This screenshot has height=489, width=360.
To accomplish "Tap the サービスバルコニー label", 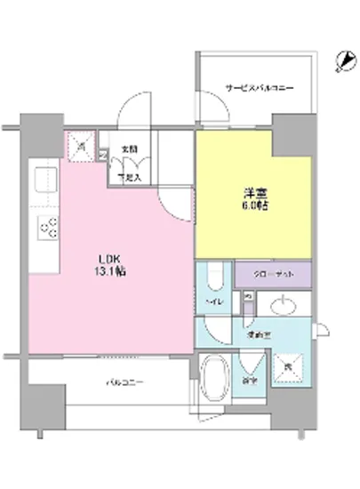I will click(259, 88).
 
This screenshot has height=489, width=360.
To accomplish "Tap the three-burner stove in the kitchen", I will click(47, 228).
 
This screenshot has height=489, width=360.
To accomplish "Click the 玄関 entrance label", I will click(131, 149).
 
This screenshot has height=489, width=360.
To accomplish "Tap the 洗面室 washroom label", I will click(258, 335).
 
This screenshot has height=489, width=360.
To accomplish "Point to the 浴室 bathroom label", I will click(251, 381).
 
